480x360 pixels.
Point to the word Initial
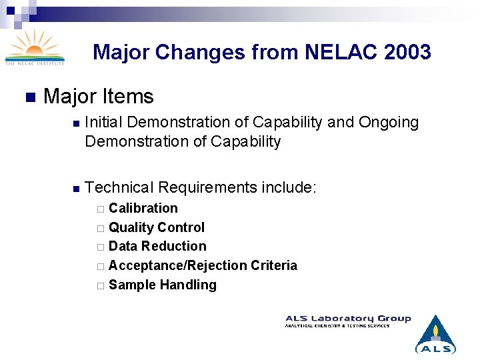[106, 123]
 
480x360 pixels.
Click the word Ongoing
[389, 123]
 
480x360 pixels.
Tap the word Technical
[119, 188]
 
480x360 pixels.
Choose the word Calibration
[143, 208]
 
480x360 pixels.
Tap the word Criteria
[274, 266]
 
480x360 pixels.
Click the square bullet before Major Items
[29, 97]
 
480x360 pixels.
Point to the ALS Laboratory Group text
[348, 319]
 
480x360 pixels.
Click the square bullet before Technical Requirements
[76, 189]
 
